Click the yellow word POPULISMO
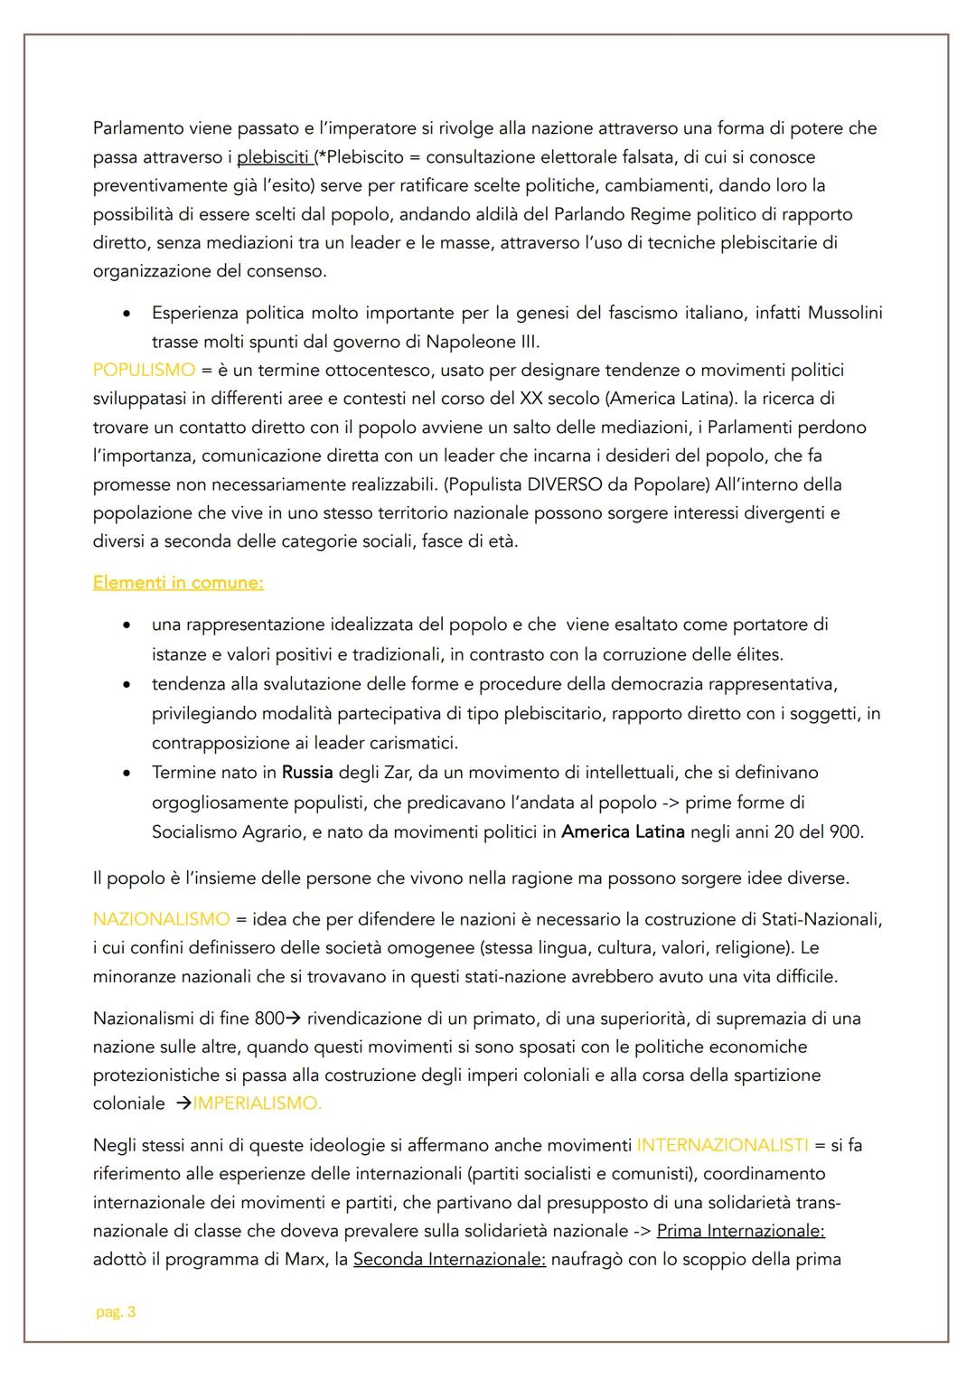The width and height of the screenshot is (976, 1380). point(144,370)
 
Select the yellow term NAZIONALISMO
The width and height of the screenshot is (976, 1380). point(161,919)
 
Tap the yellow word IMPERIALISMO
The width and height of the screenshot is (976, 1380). point(258,1103)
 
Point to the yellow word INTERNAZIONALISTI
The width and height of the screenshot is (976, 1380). point(722,1145)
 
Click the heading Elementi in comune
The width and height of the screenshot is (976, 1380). point(178,583)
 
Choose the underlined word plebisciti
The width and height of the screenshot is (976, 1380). point(274,157)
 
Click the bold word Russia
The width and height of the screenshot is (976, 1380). point(307,773)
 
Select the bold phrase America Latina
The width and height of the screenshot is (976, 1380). point(623,831)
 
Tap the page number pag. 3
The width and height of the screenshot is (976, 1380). point(116,1312)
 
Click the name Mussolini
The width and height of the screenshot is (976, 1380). point(844,313)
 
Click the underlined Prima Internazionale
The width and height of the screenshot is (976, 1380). point(741,1231)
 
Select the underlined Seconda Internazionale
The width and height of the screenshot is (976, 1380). point(449,1260)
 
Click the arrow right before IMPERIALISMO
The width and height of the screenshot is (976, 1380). point(183,1103)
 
